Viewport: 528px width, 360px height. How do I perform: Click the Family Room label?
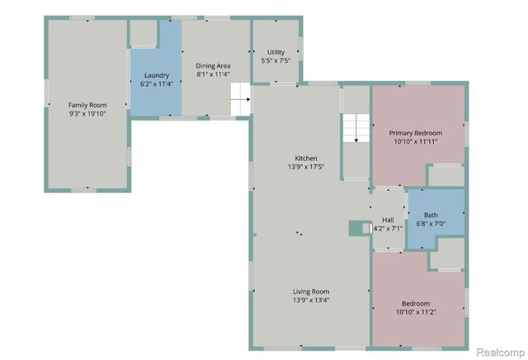click(87, 105)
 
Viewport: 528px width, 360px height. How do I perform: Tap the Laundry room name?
click(156, 75)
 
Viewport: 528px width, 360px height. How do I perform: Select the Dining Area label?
click(213, 65)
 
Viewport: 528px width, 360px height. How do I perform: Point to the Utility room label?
click(276, 52)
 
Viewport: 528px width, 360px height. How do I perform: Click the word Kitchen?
click(306, 159)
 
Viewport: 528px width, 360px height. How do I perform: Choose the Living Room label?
click(311, 291)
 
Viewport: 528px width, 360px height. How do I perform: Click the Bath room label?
click(431, 215)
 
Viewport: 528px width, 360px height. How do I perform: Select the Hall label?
click(388, 220)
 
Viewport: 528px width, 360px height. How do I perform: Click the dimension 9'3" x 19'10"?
click(87, 114)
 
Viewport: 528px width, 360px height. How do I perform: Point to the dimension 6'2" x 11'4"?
click(156, 83)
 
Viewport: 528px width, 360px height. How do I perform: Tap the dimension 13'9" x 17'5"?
click(306, 168)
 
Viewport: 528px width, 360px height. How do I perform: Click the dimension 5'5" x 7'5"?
click(276, 61)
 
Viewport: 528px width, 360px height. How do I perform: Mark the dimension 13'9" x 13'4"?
click(311, 300)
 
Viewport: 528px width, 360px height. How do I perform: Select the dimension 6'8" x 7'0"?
click(431, 224)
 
